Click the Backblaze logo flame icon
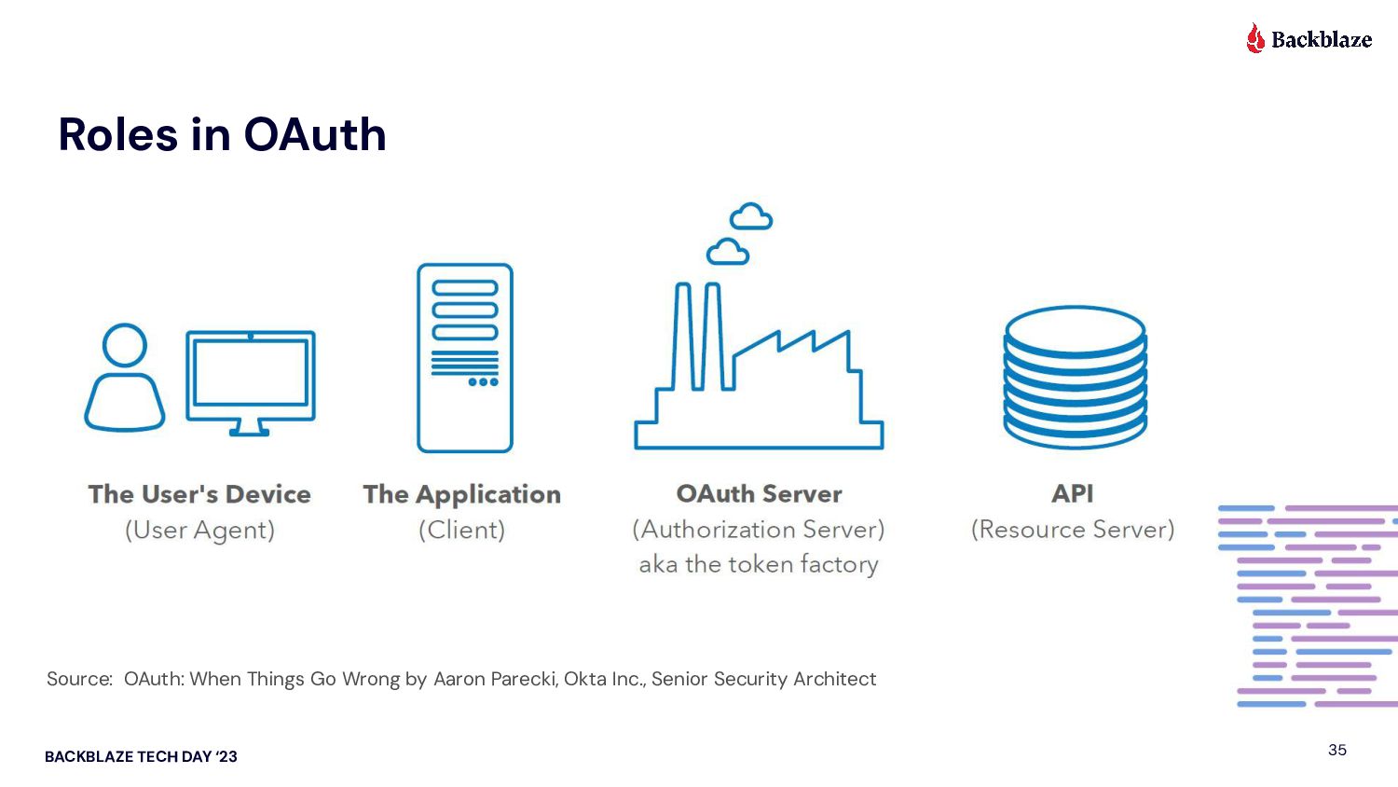pyautogui.click(x=1255, y=38)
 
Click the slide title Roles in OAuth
pyautogui.click(x=222, y=134)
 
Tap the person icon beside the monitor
pyautogui.click(x=125, y=378)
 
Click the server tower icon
pyautogui.click(x=464, y=358)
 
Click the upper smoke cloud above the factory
pyautogui.click(x=751, y=216)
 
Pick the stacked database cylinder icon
pyautogui.click(x=1075, y=377)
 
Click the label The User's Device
pyautogui.click(x=199, y=494)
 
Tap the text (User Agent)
pyautogui.click(x=199, y=530)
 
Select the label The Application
pyautogui.click(x=462, y=494)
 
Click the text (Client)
pyautogui.click(x=461, y=530)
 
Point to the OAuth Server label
pyautogui.click(x=759, y=493)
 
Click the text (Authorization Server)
pyautogui.click(x=759, y=529)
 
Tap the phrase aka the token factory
pyautogui.click(x=759, y=564)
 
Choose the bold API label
pyautogui.click(x=1073, y=493)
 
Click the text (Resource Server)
pyautogui.click(x=1073, y=529)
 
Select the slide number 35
pyautogui.click(x=1337, y=750)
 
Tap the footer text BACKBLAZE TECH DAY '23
pyautogui.click(x=141, y=756)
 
